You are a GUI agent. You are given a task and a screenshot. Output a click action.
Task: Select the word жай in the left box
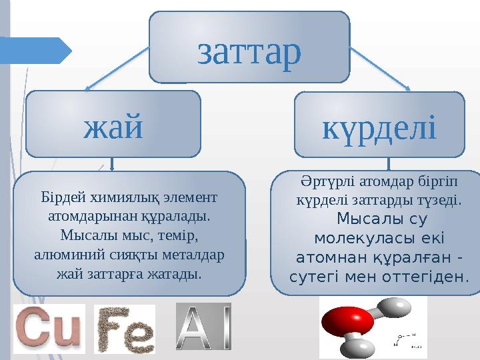tap(113, 126)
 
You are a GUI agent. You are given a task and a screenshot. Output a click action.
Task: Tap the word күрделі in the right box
tap(379, 127)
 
